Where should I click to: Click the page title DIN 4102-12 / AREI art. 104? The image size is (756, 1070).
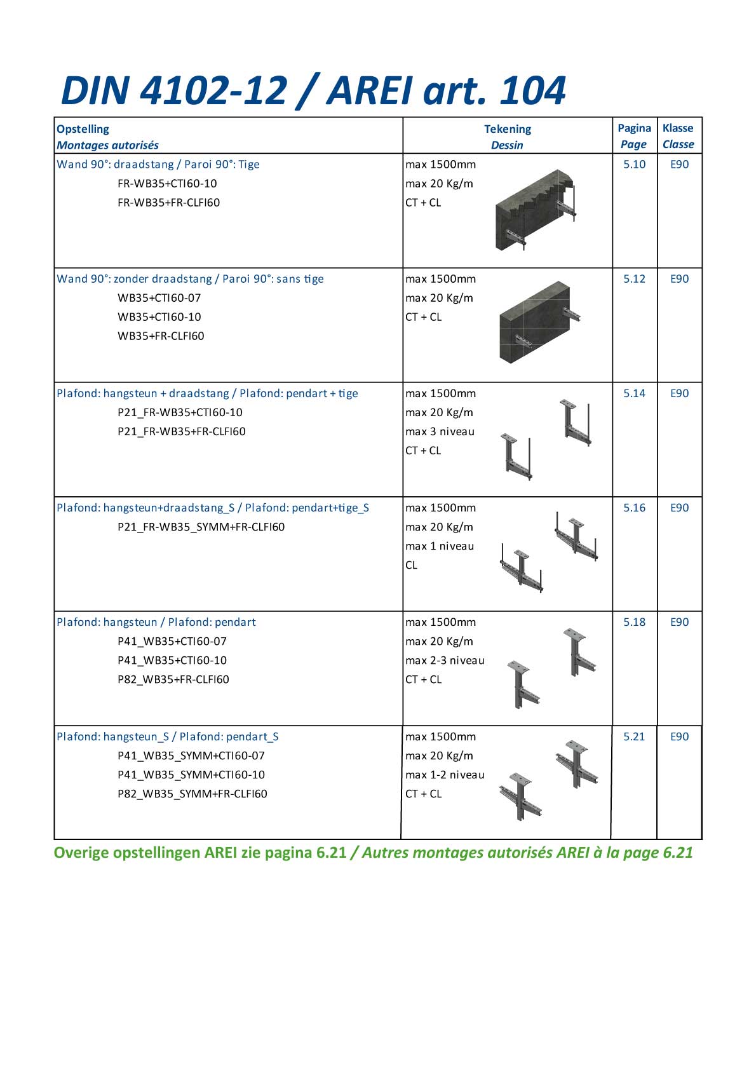click(x=313, y=90)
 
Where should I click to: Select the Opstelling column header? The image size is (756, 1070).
click(x=83, y=129)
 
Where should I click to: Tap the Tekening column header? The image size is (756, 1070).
click(x=507, y=129)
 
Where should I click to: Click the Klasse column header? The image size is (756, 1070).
click(x=678, y=128)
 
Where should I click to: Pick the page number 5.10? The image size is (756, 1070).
click(x=634, y=165)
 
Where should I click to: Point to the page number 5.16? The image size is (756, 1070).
click(x=634, y=508)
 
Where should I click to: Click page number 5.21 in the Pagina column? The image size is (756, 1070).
click(x=634, y=736)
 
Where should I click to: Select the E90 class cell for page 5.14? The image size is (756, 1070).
click(x=679, y=393)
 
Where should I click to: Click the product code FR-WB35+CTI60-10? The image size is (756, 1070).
click(x=167, y=184)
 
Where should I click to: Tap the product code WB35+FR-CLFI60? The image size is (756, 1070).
click(x=161, y=336)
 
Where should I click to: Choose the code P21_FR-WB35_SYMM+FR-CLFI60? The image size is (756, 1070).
click(x=201, y=527)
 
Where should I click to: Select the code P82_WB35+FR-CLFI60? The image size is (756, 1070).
click(x=173, y=679)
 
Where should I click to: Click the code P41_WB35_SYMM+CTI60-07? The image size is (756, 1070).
click(x=191, y=755)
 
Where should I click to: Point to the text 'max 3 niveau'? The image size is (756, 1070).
click(x=440, y=431)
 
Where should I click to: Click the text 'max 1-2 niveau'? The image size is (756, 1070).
click(x=445, y=775)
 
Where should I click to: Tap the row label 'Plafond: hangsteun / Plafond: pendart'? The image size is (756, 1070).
click(x=156, y=622)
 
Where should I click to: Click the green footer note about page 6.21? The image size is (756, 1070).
click(x=373, y=853)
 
